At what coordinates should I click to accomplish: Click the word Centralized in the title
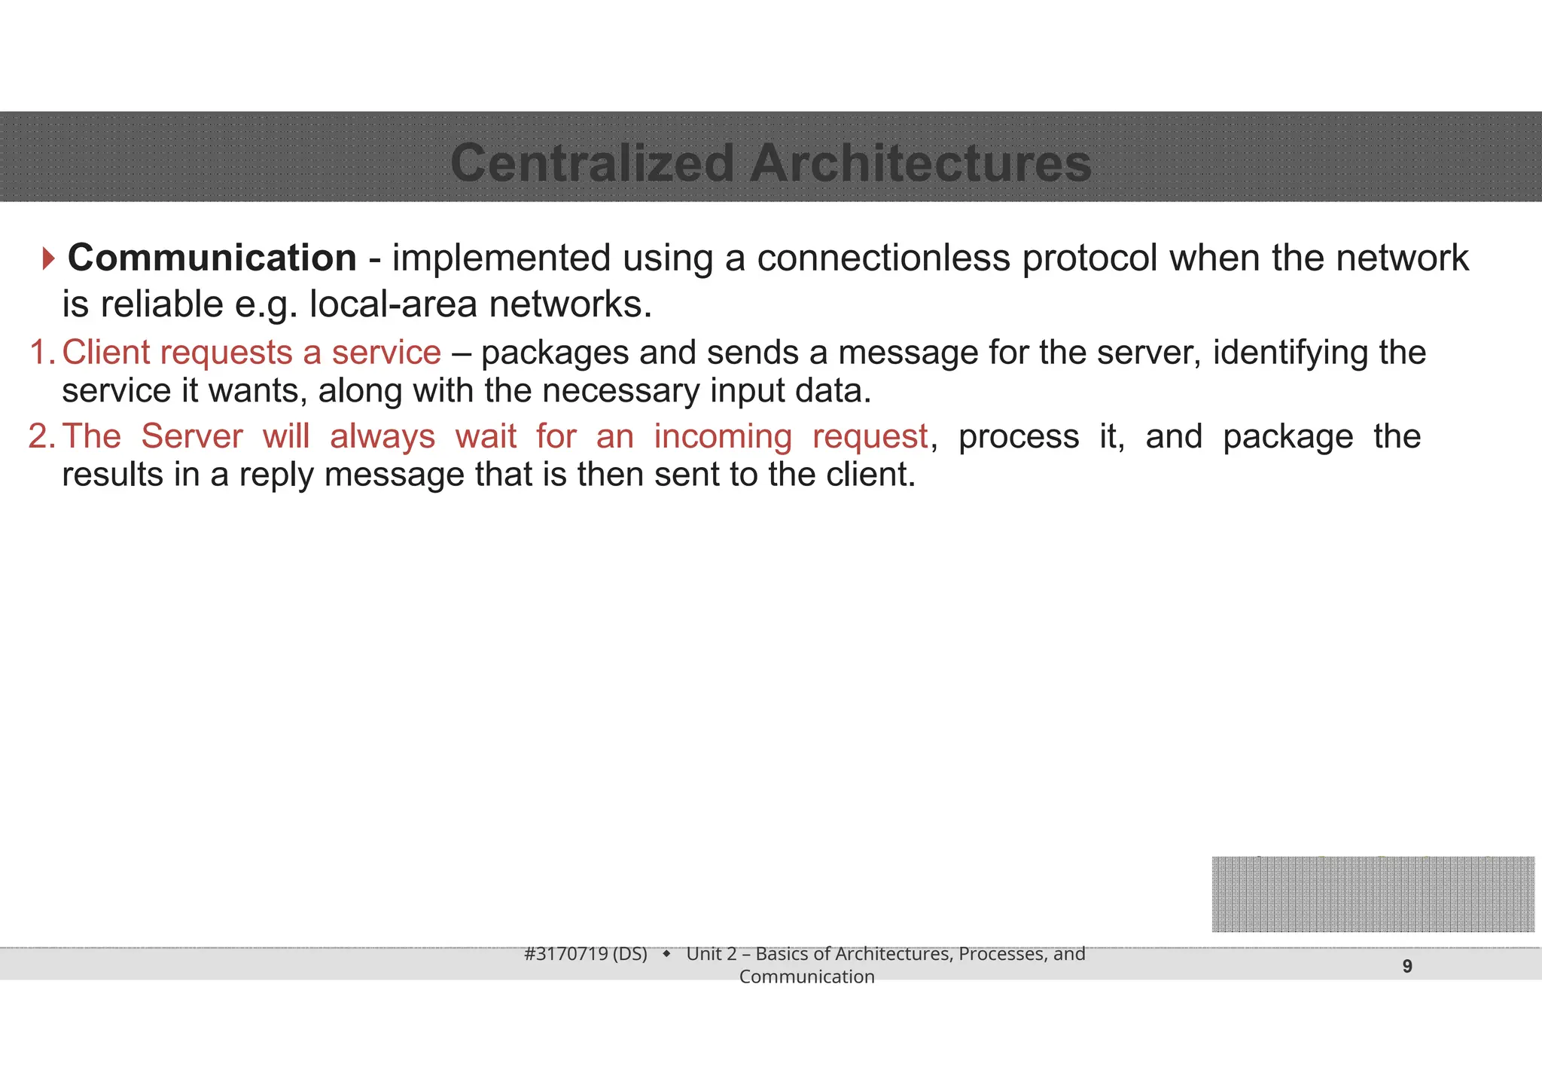(x=591, y=163)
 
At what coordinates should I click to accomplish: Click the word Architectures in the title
(x=920, y=163)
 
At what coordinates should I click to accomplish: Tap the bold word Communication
(x=212, y=258)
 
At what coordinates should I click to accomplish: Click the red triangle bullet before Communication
(x=48, y=258)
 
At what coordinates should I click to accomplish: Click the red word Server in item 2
(x=192, y=436)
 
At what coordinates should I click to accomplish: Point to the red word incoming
(x=722, y=437)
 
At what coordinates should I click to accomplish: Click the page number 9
(x=1407, y=966)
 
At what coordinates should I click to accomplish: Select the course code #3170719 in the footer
(x=565, y=954)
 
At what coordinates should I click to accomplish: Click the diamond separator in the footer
(x=666, y=954)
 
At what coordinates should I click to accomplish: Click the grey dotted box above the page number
(x=1373, y=894)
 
